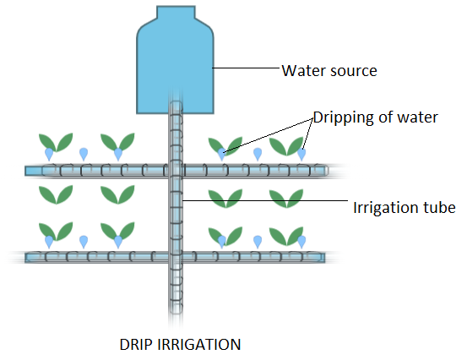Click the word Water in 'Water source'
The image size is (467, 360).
tap(301, 70)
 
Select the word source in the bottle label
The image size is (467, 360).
tap(350, 70)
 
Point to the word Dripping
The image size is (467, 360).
tap(344, 117)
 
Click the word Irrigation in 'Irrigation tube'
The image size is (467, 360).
tap(381, 207)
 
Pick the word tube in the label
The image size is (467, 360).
tap(440, 207)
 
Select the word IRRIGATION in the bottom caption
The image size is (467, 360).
tap(201, 344)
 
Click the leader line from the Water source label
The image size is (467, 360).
tap(245, 68)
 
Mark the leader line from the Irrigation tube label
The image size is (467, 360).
tap(266, 201)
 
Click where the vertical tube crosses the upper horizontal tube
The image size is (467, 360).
tap(176, 170)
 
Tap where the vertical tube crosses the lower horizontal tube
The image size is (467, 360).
tap(176, 256)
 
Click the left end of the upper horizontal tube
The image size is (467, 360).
tap(30, 170)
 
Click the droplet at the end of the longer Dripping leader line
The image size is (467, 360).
tap(222, 154)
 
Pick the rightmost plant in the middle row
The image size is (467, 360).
tap(286, 198)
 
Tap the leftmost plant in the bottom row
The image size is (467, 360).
tap(56, 232)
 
